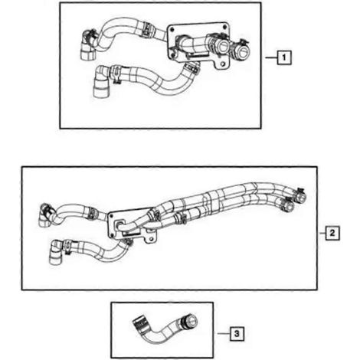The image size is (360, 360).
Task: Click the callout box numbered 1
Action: click(284, 57)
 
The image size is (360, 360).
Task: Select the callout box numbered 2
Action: click(332, 233)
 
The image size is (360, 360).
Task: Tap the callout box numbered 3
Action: click(237, 333)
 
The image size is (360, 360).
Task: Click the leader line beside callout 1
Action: click(271, 57)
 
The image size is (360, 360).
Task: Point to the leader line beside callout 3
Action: click(224, 333)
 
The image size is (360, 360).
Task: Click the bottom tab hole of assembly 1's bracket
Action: click(223, 64)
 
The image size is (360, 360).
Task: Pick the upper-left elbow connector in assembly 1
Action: click(88, 45)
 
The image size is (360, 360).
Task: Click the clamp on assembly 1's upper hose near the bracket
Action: click(146, 28)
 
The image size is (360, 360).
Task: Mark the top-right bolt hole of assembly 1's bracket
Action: click(224, 26)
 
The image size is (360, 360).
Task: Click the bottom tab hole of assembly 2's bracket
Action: click(151, 239)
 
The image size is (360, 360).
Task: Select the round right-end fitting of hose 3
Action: click(191, 320)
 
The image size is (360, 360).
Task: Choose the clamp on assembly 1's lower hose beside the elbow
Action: click(116, 74)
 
